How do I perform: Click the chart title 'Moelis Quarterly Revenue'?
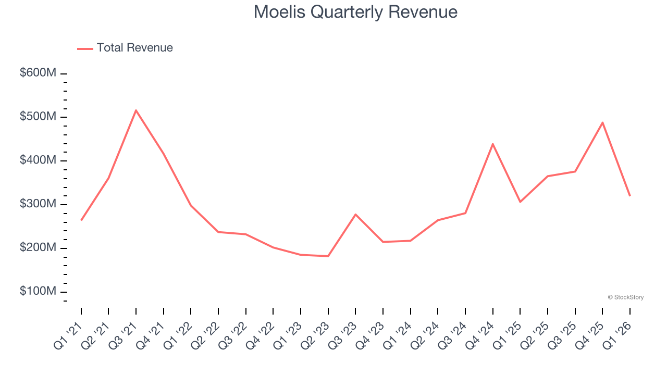pos(355,12)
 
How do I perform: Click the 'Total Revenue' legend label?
pos(134,48)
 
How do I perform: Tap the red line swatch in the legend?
pos(85,48)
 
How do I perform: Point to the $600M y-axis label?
pos(38,73)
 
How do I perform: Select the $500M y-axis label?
pos(38,117)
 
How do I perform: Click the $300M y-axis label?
pos(38,204)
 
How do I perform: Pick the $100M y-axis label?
pos(38,291)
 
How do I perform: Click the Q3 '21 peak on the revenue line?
pos(136,110)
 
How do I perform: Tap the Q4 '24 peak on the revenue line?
pos(492,144)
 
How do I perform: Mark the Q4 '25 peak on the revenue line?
pos(602,122)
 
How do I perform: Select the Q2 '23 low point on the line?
pos(328,256)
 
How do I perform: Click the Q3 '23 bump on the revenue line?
pos(355,215)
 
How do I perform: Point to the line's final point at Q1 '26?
pos(629,195)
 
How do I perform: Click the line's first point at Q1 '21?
pos(81,220)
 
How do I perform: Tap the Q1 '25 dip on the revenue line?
pos(520,202)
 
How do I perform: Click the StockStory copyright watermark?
pos(625,297)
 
